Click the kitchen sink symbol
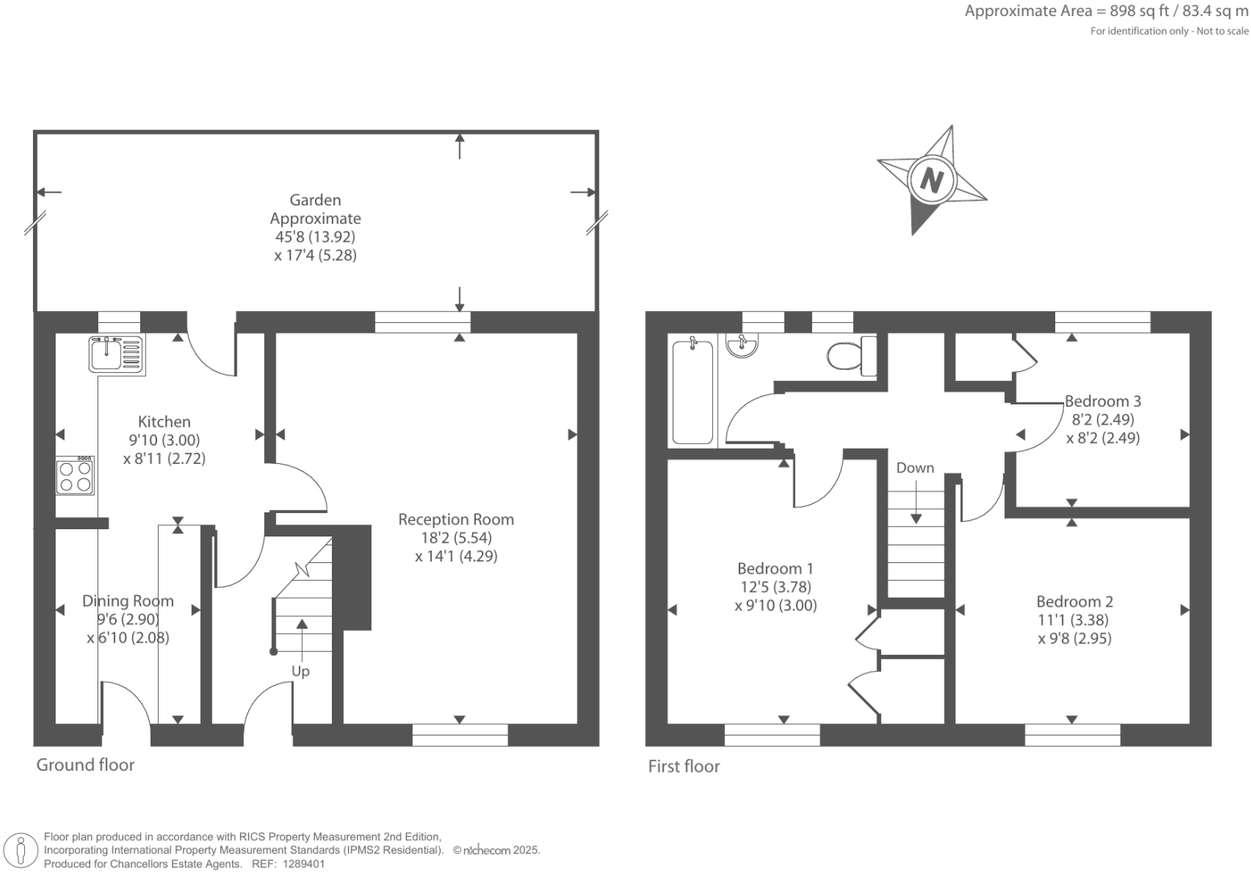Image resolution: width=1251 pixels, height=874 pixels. [x=117, y=354]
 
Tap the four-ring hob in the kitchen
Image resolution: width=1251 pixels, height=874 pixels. [x=75, y=475]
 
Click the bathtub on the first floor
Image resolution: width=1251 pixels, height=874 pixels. [x=692, y=391]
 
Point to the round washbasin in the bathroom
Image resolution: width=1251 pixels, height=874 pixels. [x=742, y=345]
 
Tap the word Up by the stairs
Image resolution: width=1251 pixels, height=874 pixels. [x=300, y=671]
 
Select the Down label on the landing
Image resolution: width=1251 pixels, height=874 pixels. [x=915, y=467]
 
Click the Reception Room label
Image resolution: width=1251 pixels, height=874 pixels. [x=456, y=520]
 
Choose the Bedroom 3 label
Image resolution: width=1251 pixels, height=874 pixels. [x=1103, y=401]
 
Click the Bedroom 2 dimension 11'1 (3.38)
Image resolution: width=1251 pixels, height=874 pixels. [x=1074, y=620]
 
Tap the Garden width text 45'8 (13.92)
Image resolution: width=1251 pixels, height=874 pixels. [x=315, y=237]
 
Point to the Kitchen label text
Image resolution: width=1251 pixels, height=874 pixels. [x=164, y=421]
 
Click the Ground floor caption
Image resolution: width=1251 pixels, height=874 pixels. [x=85, y=764]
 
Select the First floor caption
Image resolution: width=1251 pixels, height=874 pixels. [x=684, y=766]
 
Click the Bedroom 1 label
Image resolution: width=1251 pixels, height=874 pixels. [x=776, y=569]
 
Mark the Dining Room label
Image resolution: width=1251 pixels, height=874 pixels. [x=128, y=601]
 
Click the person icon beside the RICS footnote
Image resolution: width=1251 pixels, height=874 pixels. [x=21, y=850]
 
